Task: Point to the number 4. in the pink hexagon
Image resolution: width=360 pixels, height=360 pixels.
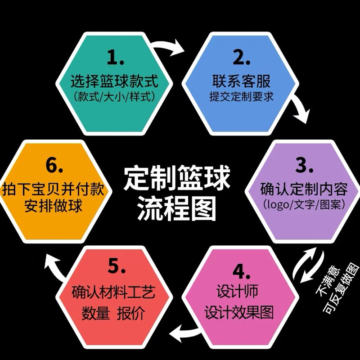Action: (x=240, y=271)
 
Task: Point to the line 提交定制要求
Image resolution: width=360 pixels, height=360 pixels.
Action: (x=241, y=96)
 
